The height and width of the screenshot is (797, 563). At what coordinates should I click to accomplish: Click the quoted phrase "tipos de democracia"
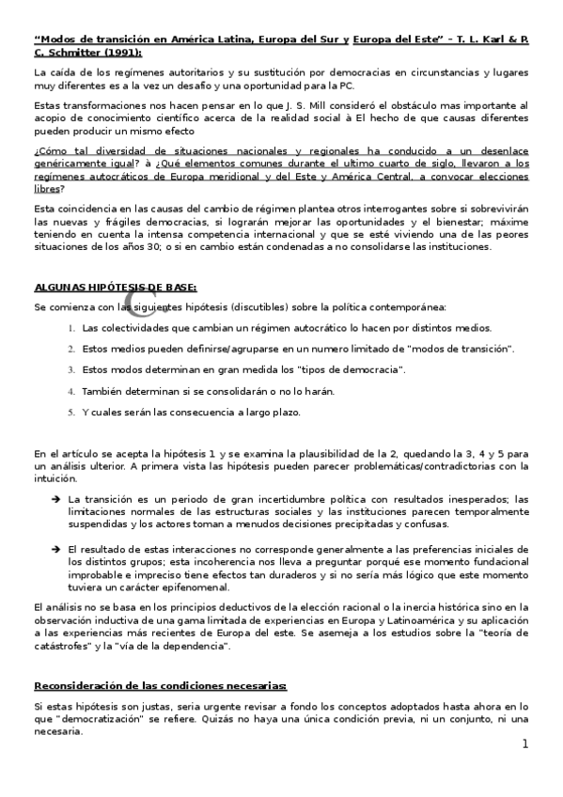click(326, 369)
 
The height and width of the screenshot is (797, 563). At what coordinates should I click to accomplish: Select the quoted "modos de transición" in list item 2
click(459, 349)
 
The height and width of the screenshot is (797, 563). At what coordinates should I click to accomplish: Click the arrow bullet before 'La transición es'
click(56, 499)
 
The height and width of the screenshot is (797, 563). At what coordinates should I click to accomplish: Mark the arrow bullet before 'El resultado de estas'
click(56, 548)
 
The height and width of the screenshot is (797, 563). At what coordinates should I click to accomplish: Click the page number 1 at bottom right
click(525, 743)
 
